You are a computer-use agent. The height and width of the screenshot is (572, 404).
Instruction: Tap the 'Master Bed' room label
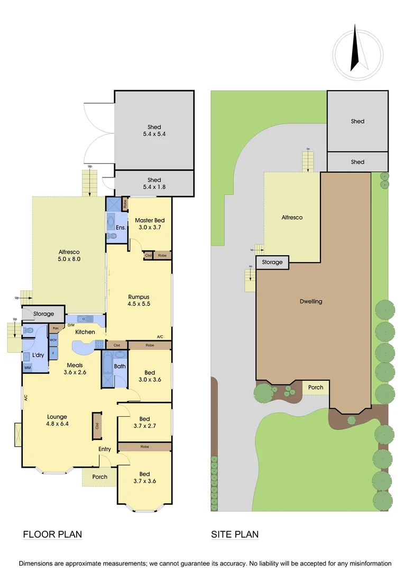150,220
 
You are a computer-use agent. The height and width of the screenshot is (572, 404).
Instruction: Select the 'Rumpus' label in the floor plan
139,297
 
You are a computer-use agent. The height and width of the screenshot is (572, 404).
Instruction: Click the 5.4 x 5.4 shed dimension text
154,135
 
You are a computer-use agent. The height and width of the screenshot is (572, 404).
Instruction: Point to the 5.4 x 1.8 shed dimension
154,187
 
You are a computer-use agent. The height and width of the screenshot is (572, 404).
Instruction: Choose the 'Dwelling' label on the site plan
311,301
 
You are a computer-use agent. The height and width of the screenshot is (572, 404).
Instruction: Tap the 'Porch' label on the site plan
316,387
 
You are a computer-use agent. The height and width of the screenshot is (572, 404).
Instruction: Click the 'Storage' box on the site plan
273,262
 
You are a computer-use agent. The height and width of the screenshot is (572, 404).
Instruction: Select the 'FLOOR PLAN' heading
52,534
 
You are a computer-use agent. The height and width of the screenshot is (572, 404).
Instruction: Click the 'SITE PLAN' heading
235,534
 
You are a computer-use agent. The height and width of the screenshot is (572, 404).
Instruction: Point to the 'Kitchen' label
85,332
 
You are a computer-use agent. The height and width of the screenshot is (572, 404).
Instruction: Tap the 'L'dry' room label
38,354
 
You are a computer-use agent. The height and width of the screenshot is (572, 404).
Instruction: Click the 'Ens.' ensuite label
121,228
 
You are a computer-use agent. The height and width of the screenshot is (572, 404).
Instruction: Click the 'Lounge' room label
57,417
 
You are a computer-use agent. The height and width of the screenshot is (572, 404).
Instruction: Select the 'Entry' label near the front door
105,449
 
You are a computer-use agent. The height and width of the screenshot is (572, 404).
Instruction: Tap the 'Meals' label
75,365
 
